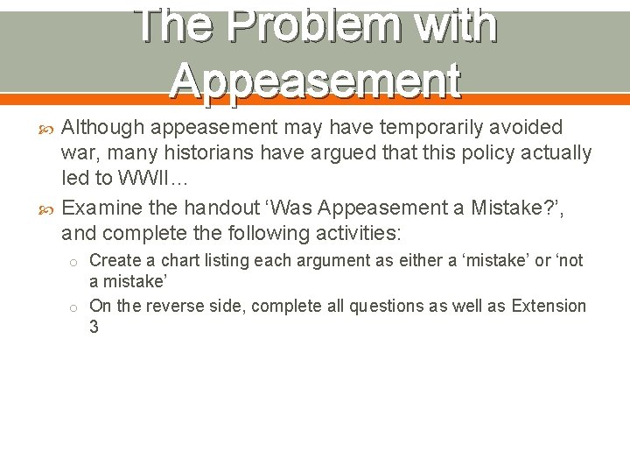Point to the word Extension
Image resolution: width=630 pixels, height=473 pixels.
[549, 306]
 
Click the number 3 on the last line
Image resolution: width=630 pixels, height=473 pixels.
[94, 328]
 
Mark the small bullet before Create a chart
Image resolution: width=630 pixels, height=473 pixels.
[75, 262]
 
